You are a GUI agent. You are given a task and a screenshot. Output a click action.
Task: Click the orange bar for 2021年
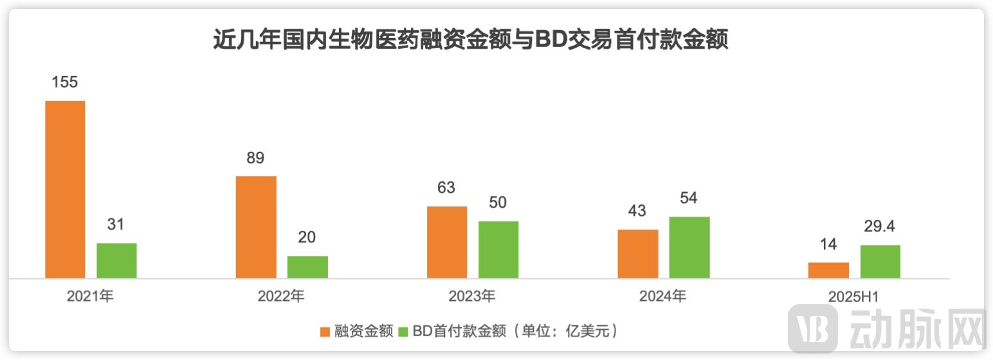[x=65, y=189]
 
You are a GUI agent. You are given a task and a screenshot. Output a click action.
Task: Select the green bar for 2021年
[x=116, y=260]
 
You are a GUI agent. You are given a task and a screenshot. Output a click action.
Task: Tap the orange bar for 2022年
[x=256, y=227]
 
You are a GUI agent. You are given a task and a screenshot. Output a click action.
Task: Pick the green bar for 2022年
[x=307, y=267]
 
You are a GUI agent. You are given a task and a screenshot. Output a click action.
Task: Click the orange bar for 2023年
[x=447, y=242]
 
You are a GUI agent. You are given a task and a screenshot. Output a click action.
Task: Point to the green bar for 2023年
[x=498, y=249]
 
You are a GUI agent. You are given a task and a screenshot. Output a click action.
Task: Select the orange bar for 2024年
[x=638, y=253]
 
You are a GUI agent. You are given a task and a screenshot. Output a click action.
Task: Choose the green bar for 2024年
[x=689, y=247]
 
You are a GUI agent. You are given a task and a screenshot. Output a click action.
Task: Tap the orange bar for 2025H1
[x=828, y=270]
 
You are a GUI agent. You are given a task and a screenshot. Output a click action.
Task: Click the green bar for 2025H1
[x=880, y=261]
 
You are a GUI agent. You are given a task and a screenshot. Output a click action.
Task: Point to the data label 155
[x=65, y=82]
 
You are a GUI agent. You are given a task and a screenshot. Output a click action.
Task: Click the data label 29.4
[x=880, y=226]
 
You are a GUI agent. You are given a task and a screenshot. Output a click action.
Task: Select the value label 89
[x=256, y=158]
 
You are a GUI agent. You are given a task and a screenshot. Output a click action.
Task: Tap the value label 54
[x=689, y=198]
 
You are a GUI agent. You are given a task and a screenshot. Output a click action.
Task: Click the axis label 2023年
[x=472, y=296]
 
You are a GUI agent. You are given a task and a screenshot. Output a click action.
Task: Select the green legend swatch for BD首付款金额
[x=404, y=332]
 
